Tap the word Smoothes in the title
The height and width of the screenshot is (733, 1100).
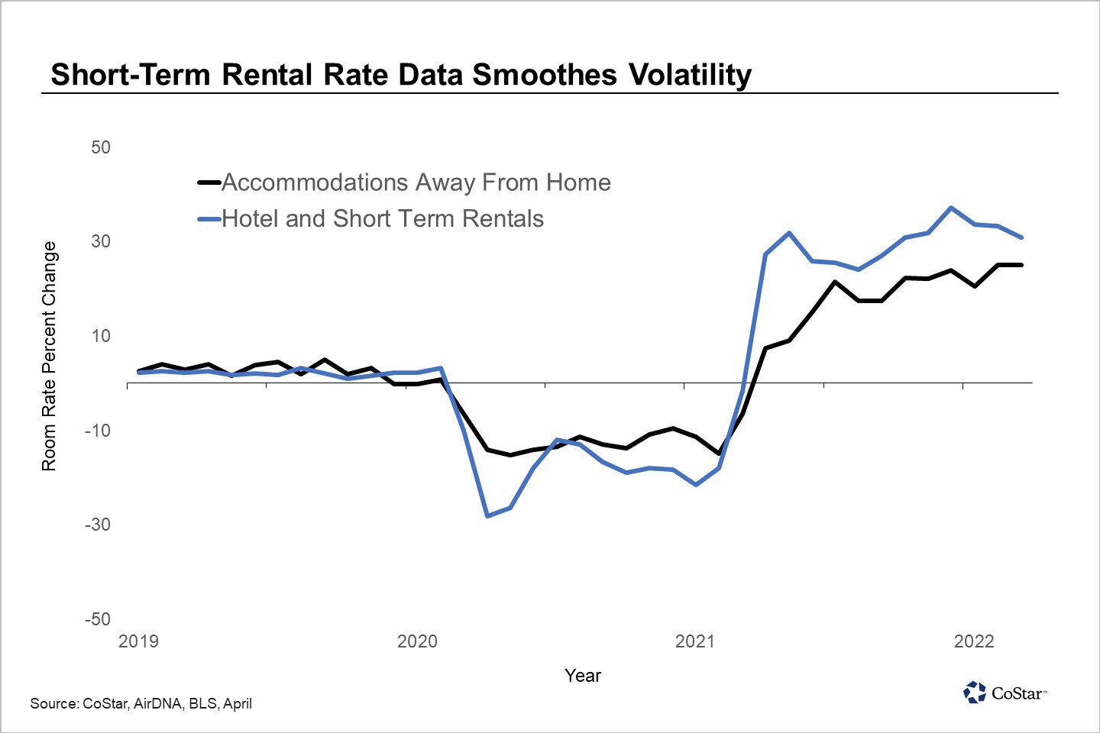click(x=544, y=75)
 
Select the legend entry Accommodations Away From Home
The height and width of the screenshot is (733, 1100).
click(x=416, y=182)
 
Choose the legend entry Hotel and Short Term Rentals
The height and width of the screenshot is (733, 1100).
click(x=382, y=219)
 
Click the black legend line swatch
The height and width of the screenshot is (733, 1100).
click(x=209, y=182)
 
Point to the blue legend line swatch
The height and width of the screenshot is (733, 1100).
click(x=209, y=219)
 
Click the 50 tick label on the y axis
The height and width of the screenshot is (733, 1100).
click(x=101, y=147)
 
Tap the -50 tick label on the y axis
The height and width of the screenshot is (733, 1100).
click(x=98, y=619)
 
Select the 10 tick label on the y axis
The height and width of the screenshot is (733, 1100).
click(x=101, y=336)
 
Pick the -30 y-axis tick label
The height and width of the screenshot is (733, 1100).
click(x=98, y=525)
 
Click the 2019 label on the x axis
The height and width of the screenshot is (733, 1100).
click(x=139, y=641)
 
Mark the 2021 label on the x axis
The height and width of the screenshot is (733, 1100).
click(x=695, y=641)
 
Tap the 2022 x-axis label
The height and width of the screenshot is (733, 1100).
click(x=974, y=641)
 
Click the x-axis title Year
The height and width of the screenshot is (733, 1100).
click(x=583, y=676)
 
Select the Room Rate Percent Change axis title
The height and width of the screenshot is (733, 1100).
click(x=49, y=356)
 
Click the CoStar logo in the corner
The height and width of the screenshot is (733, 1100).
click(x=1004, y=693)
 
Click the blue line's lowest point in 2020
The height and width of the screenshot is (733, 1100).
click(x=487, y=516)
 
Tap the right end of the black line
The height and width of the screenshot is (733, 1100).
click(x=1021, y=265)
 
